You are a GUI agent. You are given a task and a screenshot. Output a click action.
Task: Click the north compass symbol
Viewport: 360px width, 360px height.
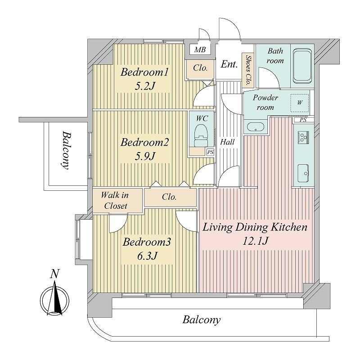(x=54, y=296)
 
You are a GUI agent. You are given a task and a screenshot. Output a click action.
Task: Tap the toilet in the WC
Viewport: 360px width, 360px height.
(x=201, y=136)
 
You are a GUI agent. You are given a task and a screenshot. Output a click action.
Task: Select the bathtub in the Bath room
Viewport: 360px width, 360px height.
(x=302, y=66)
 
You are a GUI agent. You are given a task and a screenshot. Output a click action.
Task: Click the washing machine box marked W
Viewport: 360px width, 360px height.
(x=300, y=103)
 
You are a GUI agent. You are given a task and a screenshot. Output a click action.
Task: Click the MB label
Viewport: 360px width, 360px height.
(x=200, y=49)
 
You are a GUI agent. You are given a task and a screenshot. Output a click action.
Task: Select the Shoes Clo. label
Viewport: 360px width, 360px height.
(x=248, y=70)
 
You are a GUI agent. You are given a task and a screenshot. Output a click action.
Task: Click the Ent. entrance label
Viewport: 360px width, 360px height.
(x=229, y=64)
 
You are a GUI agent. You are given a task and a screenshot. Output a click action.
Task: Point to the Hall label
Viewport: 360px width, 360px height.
(x=227, y=142)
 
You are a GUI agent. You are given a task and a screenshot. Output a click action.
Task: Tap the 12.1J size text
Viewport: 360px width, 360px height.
(x=255, y=241)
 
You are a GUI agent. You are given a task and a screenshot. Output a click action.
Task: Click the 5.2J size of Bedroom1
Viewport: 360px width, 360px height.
(x=145, y=86)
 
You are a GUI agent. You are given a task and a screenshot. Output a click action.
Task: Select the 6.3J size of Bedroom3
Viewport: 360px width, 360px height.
(x=147, y=256)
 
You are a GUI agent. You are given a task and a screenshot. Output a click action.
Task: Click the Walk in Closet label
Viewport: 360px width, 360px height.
(x=115, y=200)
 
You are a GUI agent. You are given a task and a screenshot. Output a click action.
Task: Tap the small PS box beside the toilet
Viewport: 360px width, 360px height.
(x=210, y=152)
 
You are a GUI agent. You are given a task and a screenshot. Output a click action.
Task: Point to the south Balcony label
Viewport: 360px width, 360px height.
(x=201, y=319)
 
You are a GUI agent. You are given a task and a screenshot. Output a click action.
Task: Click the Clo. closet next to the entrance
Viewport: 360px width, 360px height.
(x=200, y=68)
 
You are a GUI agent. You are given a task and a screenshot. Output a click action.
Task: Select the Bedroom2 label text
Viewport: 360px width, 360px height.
(x=145, y=142)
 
